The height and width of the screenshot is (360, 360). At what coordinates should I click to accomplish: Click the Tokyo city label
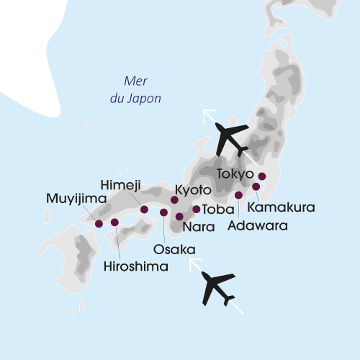(x=235, y=174)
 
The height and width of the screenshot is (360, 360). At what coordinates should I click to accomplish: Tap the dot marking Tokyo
(x=262, y=176)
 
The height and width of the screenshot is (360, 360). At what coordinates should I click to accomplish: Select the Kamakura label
(x=281, y=207)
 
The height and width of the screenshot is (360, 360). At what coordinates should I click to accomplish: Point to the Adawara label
(x=257, y=225)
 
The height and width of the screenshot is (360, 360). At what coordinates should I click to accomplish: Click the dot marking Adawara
(x=238, y=195)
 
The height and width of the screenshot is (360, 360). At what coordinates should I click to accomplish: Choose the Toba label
(x=217, y=210)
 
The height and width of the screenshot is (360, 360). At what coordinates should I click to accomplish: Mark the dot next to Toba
(x=197, y=210)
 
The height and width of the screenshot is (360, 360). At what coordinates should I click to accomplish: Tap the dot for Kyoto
(x=174, y=199)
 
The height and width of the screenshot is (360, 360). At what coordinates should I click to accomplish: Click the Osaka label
(x=174, y=249)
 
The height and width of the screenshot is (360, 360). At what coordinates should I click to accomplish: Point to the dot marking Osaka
(x=163, y=212)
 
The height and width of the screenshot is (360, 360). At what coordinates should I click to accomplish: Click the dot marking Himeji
(x=144, y=210)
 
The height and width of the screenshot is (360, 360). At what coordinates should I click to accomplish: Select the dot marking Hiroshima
(x=114, y=222)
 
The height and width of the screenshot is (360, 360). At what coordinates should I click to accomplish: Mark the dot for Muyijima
(x=99, y=223)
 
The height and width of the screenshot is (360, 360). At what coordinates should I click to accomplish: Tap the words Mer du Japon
(x=135, y=89)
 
